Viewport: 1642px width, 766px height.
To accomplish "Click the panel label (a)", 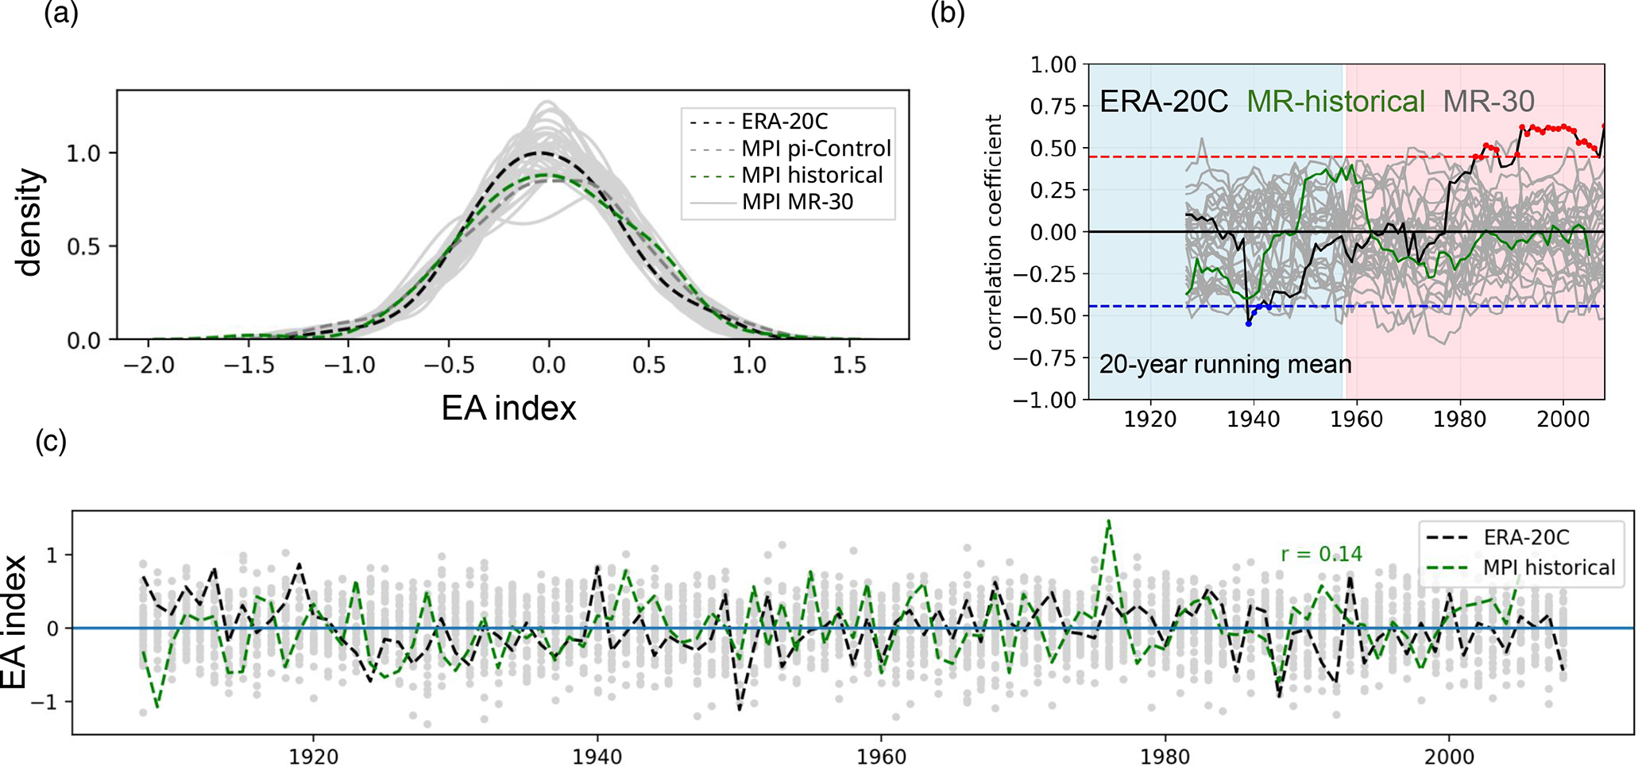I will [x=61, y=14].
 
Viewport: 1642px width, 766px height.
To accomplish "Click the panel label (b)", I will [x=948, y=14].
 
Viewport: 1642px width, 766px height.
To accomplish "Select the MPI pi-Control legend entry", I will [x=816, y=149].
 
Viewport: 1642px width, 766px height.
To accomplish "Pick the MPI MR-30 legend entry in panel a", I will [x=797, y=202].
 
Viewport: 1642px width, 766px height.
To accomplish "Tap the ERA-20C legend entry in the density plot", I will [x=784, y=122].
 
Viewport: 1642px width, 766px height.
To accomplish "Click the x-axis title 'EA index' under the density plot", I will [x=508, y=408].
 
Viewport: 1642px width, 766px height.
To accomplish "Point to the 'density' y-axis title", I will [x=29, y=222].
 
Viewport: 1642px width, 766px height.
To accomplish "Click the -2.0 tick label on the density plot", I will [x=148, y=366].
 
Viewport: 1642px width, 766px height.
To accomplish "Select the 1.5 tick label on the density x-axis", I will [x=848, y=366].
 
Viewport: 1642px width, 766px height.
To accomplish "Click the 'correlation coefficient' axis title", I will [x=994, y=232].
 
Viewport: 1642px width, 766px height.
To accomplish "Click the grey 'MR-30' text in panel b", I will [x=1488, y=102].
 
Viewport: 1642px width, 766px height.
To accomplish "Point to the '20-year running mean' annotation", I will [x=1225, y=365].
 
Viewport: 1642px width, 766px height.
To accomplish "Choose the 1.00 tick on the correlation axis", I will [x=1053, y=64].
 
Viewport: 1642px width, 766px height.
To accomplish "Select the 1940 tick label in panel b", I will [x=1254, y=419].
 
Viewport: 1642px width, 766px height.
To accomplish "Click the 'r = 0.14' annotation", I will [x=1321, y=554].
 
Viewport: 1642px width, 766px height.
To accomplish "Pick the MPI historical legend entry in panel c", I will [x=1548, y=567].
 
